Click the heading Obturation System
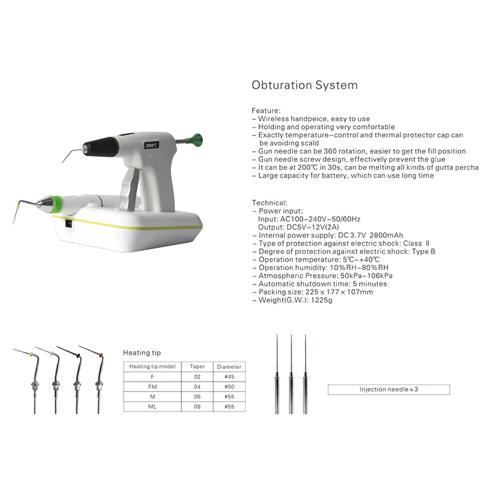pyautogui.click(x=304, y=85)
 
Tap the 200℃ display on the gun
pyautogui.click(x=152, y=145)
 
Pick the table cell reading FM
pyautogui.click(x=152, y=386)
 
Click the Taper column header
pyautogui.click(x=198, y=366)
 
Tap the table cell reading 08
pyautogui.click(x=198, y=407)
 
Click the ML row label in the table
pyautogui.click(x=152, y=407)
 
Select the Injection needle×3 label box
pyautogui.click(x=388, y=389)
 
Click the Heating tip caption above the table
pyautogui.click(x=141, y=353)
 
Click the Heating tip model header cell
pyautogui.click(x=152, y=366)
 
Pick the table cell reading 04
pyautogui.click(x=198, y=386)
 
